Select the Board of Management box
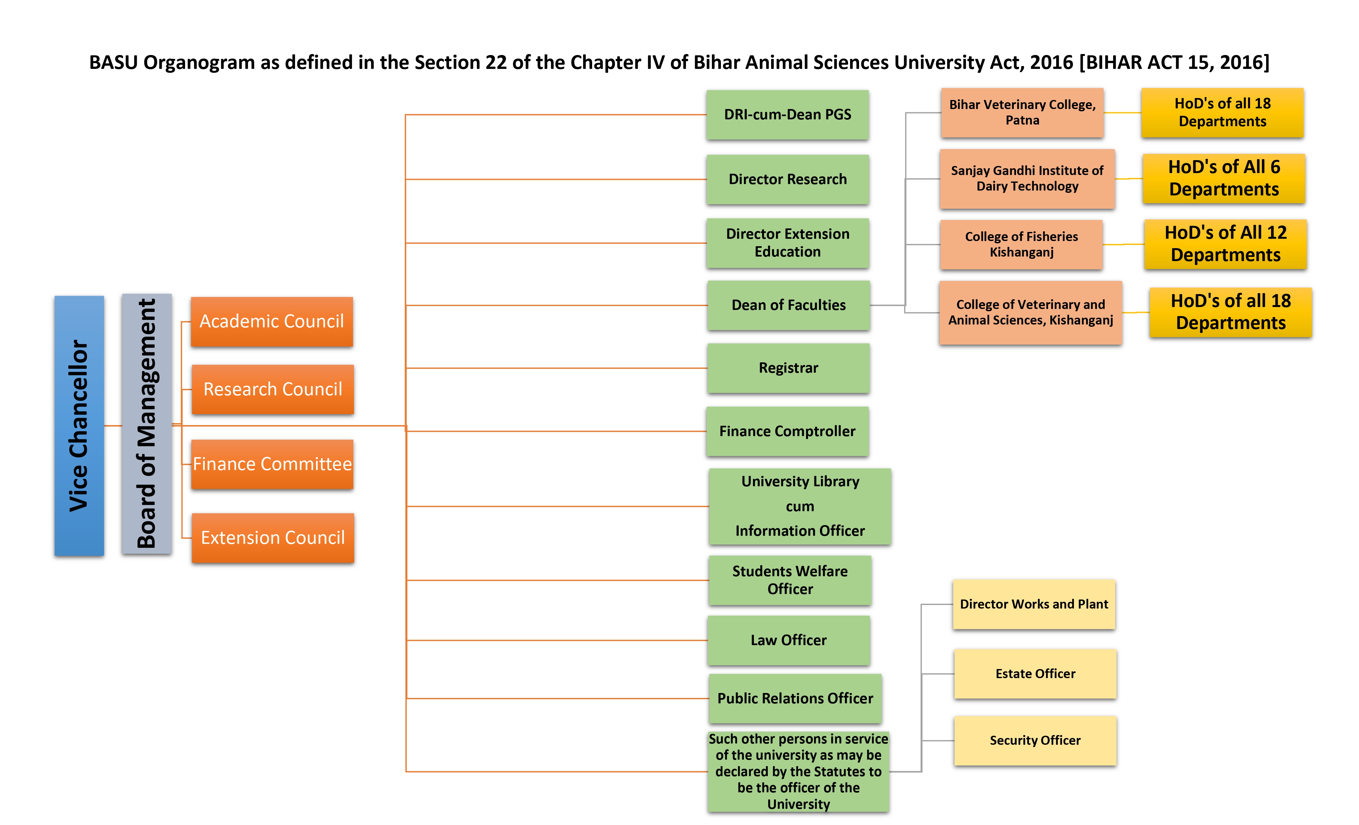tap(146, 423)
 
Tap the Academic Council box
tap(271, 322)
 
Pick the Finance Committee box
tap(272, 464)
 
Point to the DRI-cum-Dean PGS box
tap(788, 115)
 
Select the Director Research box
tap(788, 179)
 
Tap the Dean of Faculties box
tap(789, 305)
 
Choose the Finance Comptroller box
tap(788, 431)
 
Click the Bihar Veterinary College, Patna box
tap(1022, 113)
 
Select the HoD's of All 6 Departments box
tap(1224, 178)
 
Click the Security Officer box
tap(1035, 740)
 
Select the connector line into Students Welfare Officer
tap(558, 580)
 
